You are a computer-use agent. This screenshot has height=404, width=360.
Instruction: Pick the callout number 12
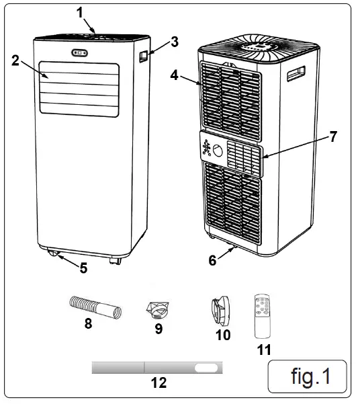click(159, 384)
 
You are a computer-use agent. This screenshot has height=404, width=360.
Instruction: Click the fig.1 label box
click(308, 376)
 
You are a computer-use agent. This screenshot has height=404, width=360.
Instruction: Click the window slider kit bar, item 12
click(159, 368)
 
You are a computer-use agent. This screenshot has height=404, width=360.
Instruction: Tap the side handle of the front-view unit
click(143, 58)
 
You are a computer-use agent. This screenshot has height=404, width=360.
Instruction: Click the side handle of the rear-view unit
click(295, 73)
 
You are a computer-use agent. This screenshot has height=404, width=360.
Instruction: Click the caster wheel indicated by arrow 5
click(53, 254)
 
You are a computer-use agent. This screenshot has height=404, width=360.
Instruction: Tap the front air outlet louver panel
click(79, 87)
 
